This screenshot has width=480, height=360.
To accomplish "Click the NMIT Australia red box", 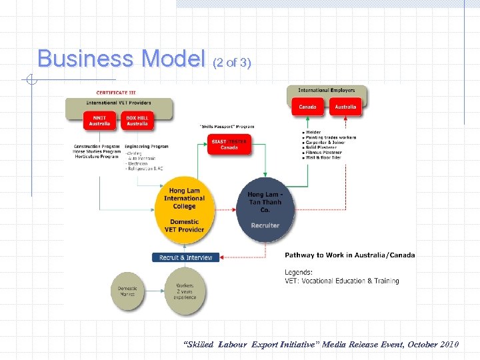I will click(x=100, y=121).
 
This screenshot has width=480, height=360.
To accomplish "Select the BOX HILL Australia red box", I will click(x=137, y=121).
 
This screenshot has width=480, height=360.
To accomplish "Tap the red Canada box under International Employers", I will click(x=307, y=107).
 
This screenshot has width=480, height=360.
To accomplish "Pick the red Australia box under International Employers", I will click(x=345, y=107).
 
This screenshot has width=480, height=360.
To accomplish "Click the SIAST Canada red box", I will click(x=229, y=144).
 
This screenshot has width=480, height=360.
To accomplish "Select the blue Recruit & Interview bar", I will click(x=186, y=257).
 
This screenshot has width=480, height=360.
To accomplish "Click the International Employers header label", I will click(x=327, y=90).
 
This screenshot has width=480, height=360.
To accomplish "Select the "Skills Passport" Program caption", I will click(x=227, y=126).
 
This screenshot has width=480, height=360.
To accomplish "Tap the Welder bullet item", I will click(x=313, y=132).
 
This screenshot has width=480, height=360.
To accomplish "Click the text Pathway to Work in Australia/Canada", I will click(x=349, y=255).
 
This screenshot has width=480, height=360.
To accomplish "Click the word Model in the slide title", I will click(x=171, y=59).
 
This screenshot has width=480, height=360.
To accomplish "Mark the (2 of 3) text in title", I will click(x=231, y=63).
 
